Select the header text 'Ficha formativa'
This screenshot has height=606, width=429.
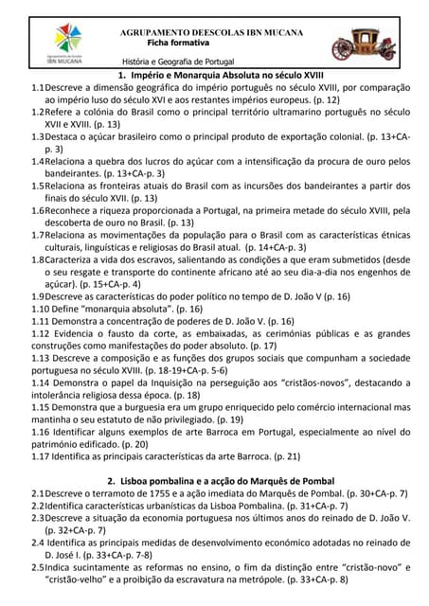point(180,43)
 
